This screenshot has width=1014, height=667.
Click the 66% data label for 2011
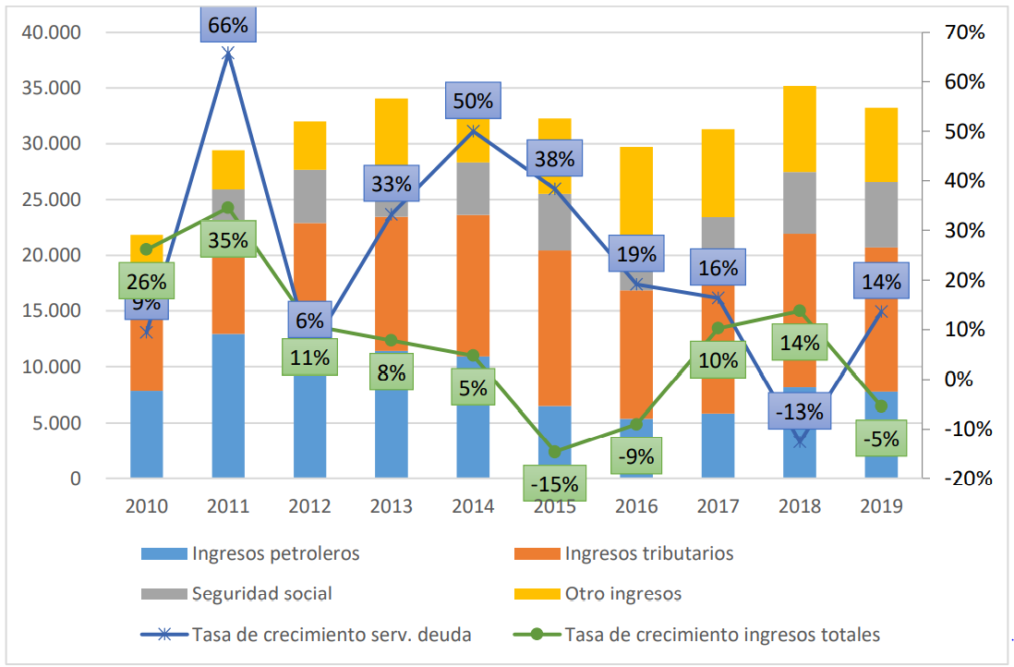pyautogui.click(x=228, y=25)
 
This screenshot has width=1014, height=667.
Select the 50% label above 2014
pyautogui.click(x=473, y=101)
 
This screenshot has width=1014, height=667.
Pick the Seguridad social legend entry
pyautogui.click(x=261, y=594)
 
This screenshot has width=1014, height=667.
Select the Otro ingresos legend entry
pyautogui.click(x=623, y=594)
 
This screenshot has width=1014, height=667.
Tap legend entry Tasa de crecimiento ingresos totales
pyautogui.click(x=721, y=635)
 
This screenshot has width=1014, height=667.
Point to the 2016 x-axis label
pyautogui.click(x=635, y=506)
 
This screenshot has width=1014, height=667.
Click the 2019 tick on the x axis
pyautogui.click(x=880, y=506)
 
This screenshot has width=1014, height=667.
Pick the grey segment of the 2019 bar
pyautogui.click(x=881, y=214)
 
